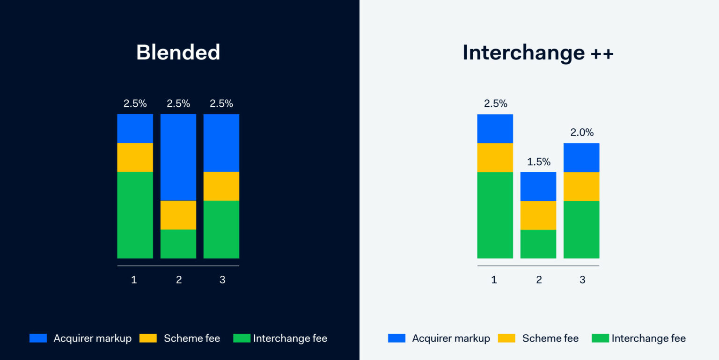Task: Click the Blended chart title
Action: [x=178, y=52]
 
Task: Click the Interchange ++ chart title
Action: [x=538, y=52]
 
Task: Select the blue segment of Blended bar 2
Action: [x=178, y=157]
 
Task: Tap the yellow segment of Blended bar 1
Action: [x=135, y=157]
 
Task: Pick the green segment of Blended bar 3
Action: [x=221, y=229]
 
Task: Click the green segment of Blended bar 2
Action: [x=178, y=244]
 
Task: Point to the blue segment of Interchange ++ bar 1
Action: [x=495, y=129]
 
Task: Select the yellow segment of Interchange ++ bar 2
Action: [x=538, y=215]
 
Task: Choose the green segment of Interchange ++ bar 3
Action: [x=581, y=229]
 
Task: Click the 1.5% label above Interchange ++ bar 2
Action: [x=539, y=162]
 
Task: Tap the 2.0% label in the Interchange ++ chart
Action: [x=582, y=132]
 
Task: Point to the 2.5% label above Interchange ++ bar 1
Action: [x=495, y=103]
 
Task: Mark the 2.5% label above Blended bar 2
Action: [x=178, y=103]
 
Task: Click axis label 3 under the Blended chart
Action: [x=222, y=280]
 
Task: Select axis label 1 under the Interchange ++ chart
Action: [x=494, y=280]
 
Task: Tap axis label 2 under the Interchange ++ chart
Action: [x=539, y=280]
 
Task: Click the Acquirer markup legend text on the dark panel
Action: [x=93, y=338]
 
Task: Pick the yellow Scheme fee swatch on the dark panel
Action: [x=148, y=338]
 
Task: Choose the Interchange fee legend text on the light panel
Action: [x=648, y=338]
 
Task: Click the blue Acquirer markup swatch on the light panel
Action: [x=396, y=338]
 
